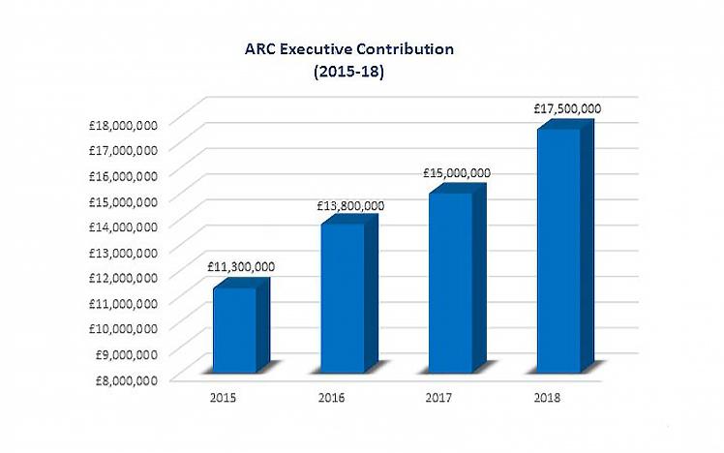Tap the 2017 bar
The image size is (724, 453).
450,281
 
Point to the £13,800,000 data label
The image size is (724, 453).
350,205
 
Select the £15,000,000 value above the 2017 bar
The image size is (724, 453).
457,173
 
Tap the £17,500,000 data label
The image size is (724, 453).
567,109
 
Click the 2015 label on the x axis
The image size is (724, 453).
221,398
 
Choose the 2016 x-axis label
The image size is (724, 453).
330,398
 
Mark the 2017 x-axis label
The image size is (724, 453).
438,398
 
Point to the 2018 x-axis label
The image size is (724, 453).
548,398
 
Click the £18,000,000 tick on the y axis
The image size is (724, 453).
122,125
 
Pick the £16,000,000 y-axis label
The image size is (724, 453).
122,176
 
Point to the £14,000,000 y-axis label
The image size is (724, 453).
122,226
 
